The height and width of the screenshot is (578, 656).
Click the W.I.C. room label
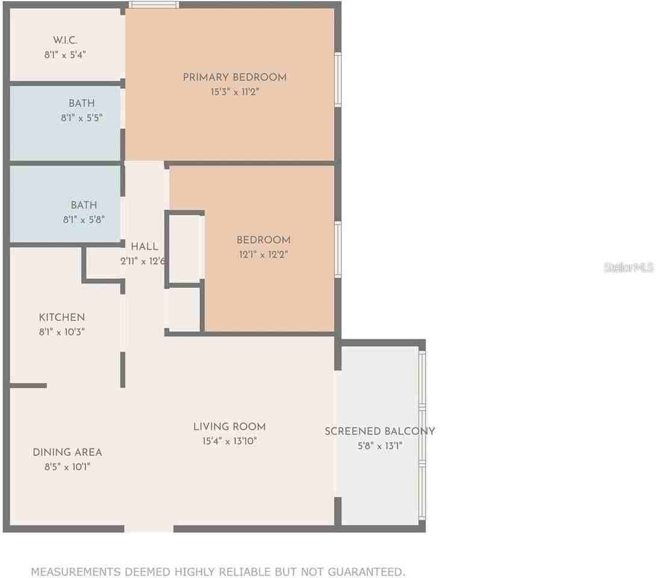(x=66, y=40)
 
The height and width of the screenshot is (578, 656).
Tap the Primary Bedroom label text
(x=234, y=77)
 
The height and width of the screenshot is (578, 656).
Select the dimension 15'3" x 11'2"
(x=234, y=92)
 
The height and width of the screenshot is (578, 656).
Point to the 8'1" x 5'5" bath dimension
(x=81, y=118)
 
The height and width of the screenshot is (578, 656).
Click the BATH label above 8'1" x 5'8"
(x=84, y=205)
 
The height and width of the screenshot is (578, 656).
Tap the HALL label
(x=145, y=246)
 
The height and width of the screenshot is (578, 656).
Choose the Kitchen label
(x=61, y=317)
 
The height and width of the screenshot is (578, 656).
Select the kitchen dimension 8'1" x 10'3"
(x=61, y=332)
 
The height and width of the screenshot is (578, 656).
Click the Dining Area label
(x=67, y=452)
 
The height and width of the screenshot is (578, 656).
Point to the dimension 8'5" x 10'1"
(x=67, y=467)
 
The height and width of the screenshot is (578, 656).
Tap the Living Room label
(x=230, y=427)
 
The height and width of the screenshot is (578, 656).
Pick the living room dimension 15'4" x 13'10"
(x=230, y=441)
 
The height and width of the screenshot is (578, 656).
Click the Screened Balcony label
(x=380, y=431)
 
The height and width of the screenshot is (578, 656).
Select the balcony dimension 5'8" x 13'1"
(x=380, y=446)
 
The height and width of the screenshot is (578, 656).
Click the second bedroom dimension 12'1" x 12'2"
(x=263, y=255)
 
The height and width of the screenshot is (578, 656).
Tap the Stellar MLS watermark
(x=629, y=267)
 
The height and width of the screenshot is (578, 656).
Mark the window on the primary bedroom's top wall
(x=154, y=5)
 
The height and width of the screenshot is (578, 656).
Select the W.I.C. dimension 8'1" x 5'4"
(x=66, y=55)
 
